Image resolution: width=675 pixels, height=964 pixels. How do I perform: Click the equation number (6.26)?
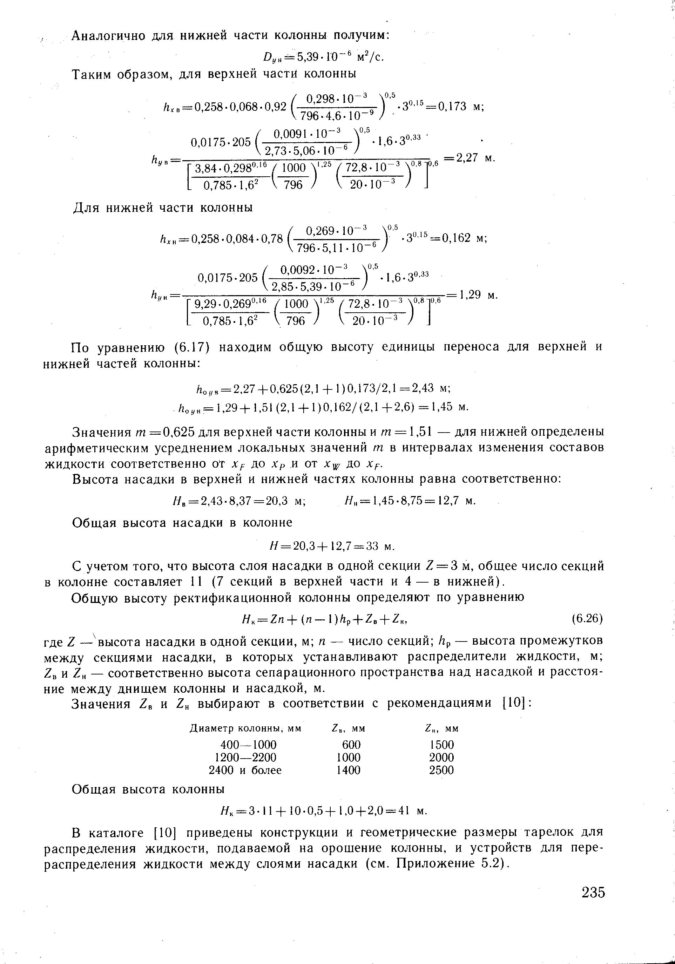(x=587, y=618)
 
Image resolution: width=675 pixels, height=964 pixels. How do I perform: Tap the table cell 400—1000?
(x=248, y=745)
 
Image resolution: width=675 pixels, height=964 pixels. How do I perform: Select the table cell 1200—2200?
(x=245, y=758)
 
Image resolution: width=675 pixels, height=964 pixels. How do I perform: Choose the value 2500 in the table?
(x=441, y=770)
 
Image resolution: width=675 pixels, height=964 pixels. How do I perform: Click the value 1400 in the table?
(x=349, y=770)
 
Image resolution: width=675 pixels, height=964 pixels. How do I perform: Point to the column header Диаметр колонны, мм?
(x=245, y=728)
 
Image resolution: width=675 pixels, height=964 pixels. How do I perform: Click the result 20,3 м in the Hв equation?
(x=286, y=501)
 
